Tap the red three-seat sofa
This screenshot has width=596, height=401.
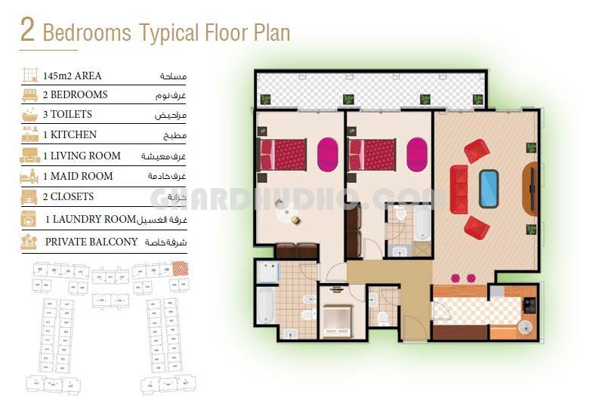point(459,188)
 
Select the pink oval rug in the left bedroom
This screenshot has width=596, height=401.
point(327,153)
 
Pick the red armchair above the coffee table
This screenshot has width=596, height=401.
point(477,150)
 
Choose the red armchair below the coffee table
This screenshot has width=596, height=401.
point(476,226)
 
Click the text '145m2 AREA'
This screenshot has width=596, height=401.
point(72,76)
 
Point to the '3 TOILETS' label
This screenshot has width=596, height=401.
point(67,115)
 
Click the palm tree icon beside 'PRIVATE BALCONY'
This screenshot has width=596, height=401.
point(29,242)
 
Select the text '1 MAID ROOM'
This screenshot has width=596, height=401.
point(78,176)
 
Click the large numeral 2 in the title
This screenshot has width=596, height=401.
point(28,30)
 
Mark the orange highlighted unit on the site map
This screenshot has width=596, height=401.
point(181,267)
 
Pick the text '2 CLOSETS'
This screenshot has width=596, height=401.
point(68,196)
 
